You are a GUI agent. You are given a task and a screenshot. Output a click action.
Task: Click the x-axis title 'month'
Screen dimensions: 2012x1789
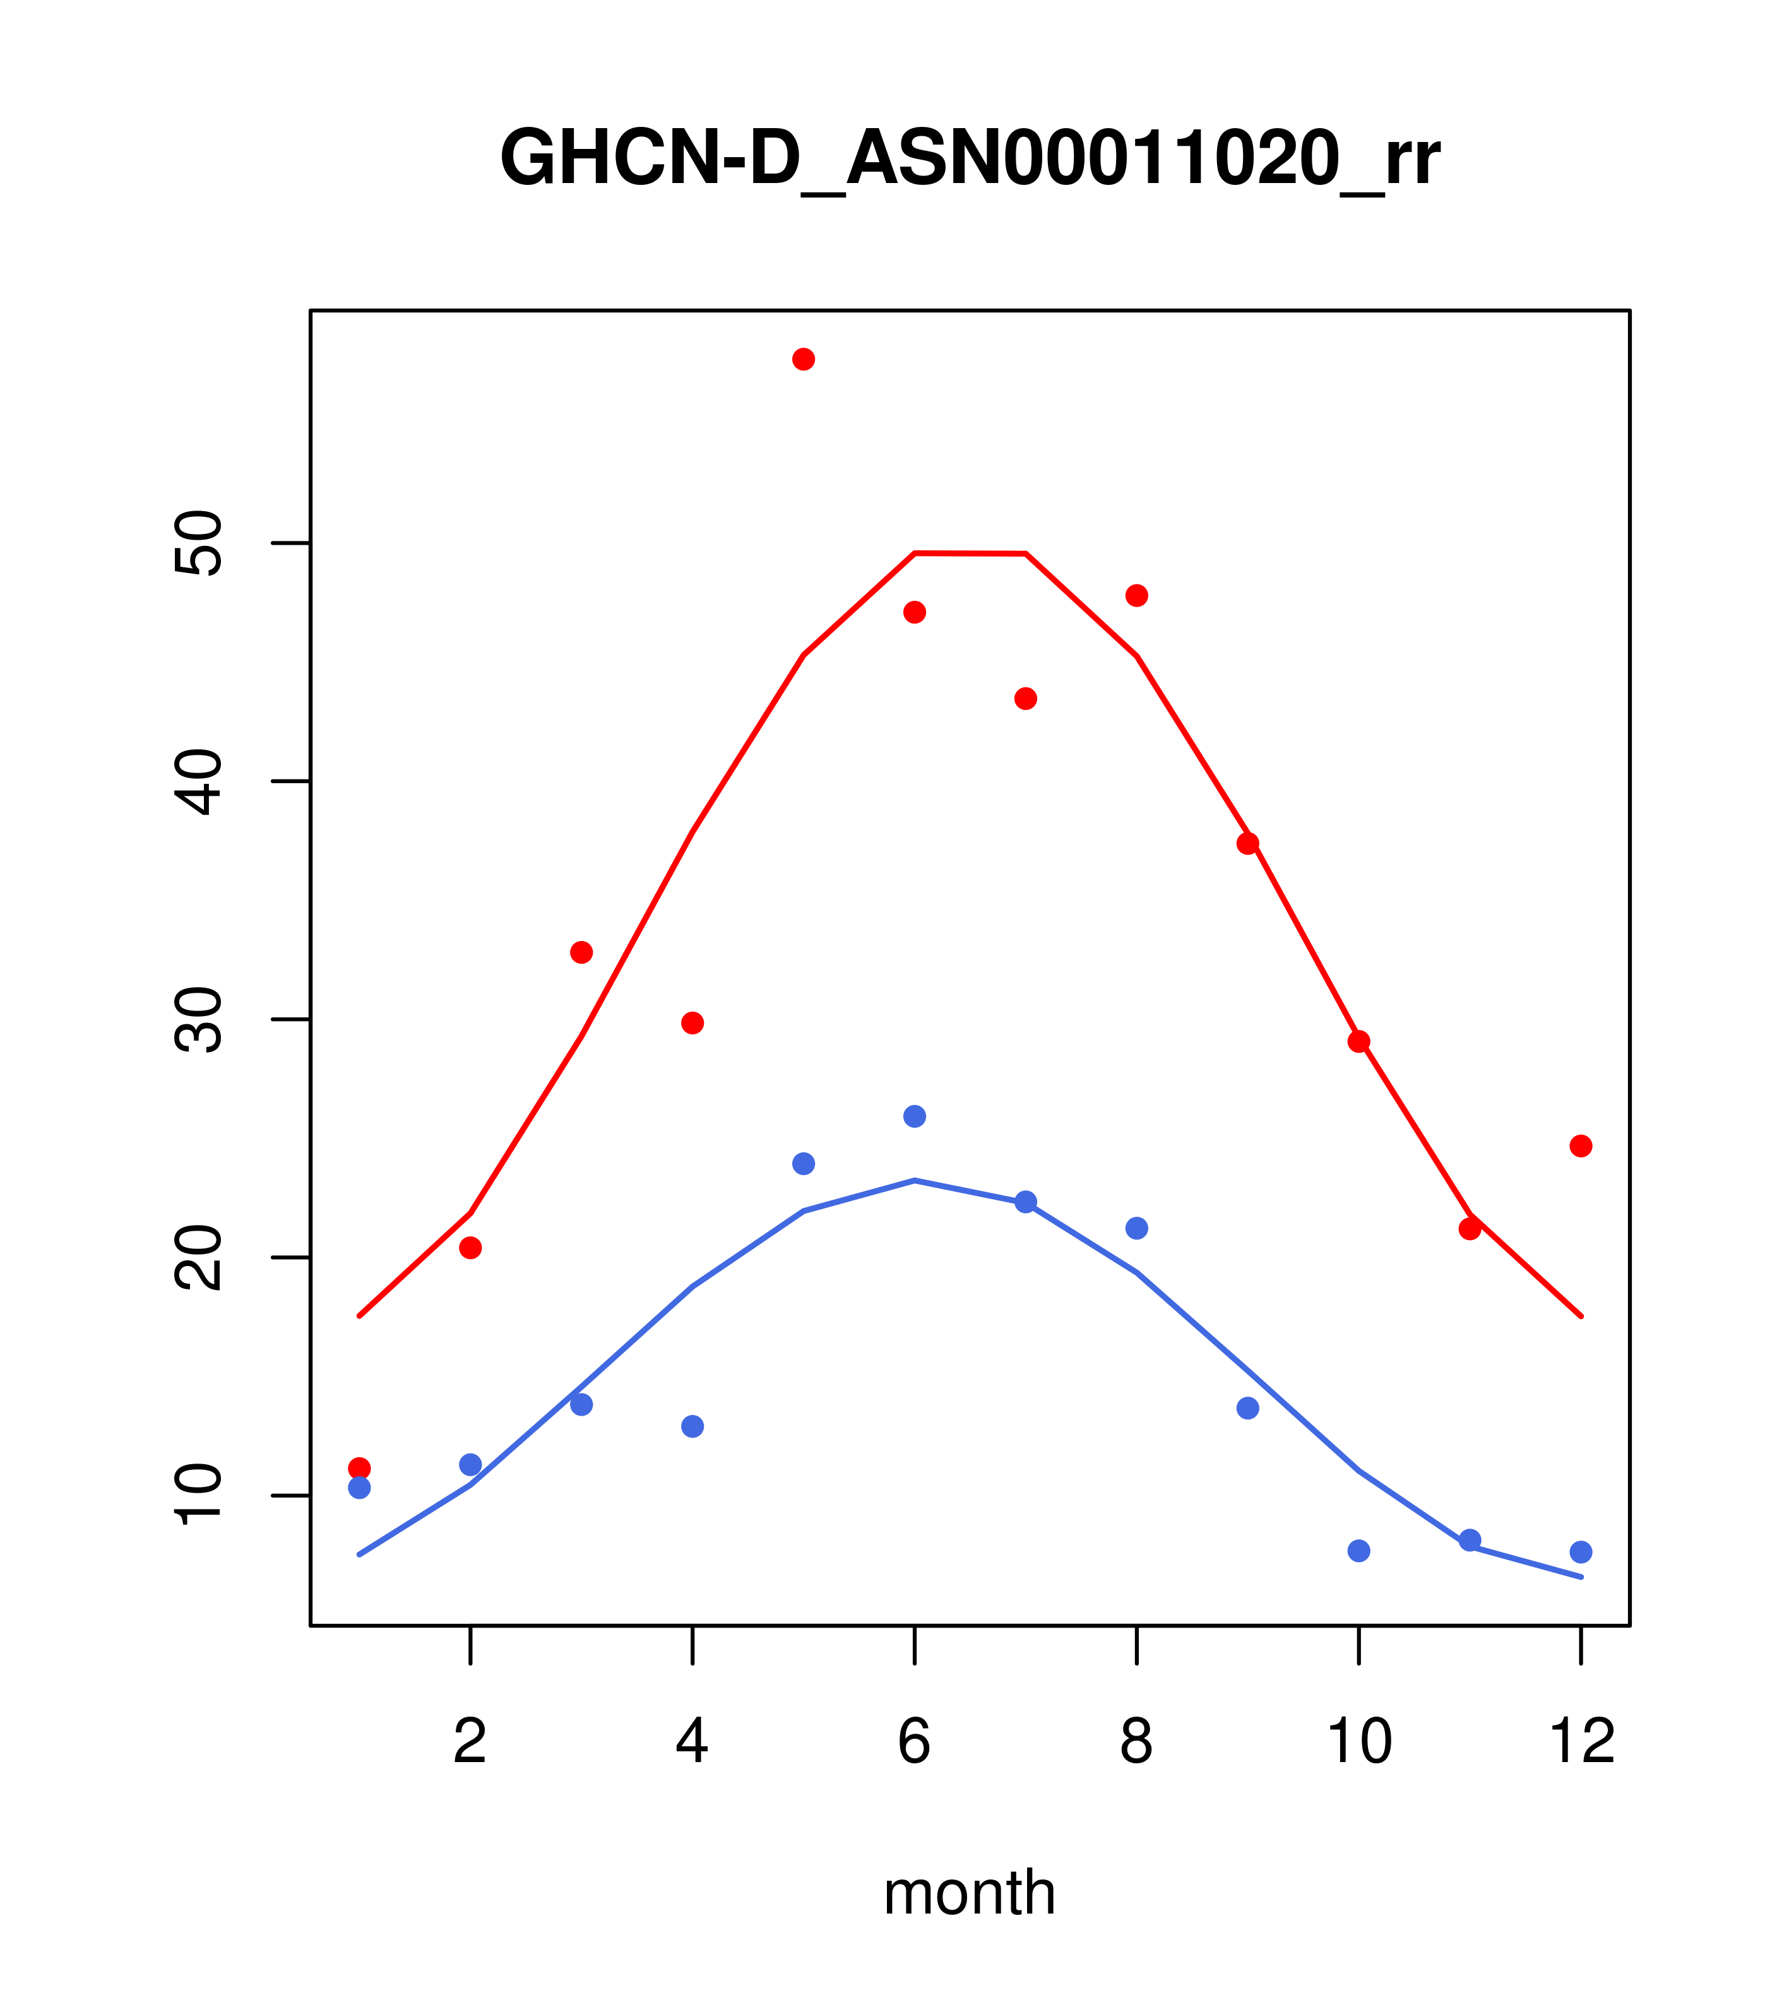(x=970, y=1893)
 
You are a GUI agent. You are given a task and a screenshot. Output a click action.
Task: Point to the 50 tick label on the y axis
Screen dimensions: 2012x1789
(x=198, y=543)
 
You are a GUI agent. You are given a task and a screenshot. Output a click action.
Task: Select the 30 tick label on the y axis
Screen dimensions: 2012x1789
(x=198, y=1020)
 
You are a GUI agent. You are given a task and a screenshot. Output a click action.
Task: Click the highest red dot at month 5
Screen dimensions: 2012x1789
(x=804, y=359)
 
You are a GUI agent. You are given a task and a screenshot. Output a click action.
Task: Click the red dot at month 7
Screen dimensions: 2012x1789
(x=1025, y=699)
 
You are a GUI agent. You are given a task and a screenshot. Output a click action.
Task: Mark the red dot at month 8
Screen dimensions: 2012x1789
(x=1136, y=596)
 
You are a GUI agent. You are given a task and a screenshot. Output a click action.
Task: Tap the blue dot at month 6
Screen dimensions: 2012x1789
(x=915, y=1116)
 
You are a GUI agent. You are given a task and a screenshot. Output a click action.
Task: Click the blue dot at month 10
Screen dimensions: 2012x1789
(x=1358, y=1551)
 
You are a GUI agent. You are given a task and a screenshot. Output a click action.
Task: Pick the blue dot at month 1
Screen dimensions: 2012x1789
(x=359, y=1488)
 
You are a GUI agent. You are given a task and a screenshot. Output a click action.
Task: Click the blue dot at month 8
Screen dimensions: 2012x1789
(x=1136, y=1228)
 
